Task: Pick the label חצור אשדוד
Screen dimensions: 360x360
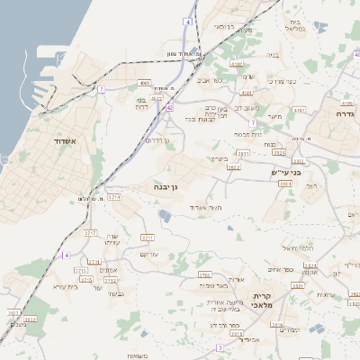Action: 205,207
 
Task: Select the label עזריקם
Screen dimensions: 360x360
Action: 150,255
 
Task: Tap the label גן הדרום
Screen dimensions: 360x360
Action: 157,141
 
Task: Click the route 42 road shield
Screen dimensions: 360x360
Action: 169,108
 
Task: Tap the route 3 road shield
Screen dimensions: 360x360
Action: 219,347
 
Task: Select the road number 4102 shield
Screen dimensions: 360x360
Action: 236,65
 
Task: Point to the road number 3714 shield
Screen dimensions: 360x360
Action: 113,196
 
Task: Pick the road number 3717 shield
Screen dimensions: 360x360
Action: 90,233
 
